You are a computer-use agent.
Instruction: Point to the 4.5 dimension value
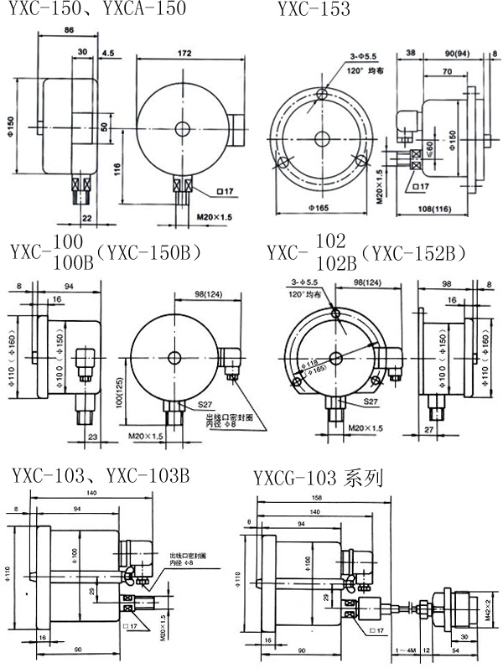pyautogui.click(x=108, y=53)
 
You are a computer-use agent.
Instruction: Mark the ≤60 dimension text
pyautogui.click(x=427, y=149)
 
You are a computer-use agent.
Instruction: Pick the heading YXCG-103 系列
pyautogui.click(x=318, y=479)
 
